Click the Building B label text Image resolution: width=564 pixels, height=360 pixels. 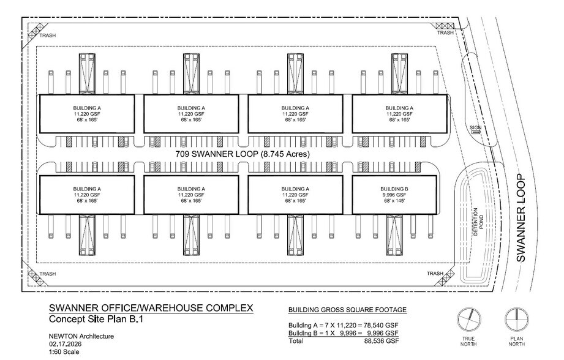point(394,189)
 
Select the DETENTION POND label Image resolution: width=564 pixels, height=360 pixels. point(478,222)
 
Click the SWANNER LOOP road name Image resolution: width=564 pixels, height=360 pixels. point(521,218)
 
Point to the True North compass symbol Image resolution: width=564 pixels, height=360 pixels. point(468,320)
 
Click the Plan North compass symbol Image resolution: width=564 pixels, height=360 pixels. point(516,320)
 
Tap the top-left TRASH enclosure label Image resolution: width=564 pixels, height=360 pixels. point(48,36)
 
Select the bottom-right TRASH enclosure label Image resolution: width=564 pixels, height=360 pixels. point(435,274)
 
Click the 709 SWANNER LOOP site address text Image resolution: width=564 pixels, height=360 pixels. point(243,154)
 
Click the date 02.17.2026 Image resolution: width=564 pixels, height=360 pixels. point(65,344)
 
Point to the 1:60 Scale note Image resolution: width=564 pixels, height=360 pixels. point(64,352)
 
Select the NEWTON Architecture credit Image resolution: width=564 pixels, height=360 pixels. point(81,336)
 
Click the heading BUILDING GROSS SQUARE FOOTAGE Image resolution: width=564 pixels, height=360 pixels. point(347,310)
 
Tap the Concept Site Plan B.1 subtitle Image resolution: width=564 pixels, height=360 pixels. point(96,319)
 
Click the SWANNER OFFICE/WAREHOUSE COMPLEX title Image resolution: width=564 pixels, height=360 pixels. point(151,308)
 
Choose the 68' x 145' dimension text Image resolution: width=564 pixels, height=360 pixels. point(394,201)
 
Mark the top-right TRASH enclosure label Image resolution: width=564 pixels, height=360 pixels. point(445,32)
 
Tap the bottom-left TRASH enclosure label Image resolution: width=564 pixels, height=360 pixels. point(48,274)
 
